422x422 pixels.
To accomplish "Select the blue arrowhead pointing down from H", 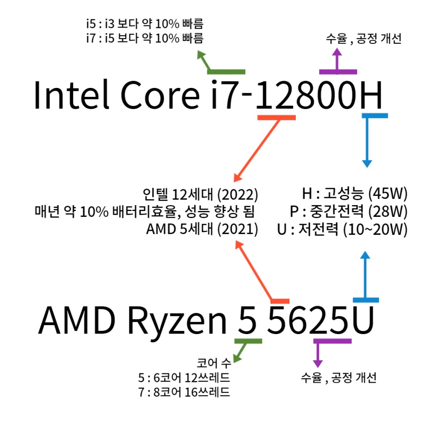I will (x=367, y=163).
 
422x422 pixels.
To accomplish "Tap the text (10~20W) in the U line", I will (x=375, y=229).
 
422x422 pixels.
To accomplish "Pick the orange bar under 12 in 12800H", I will (x=276, y=117).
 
